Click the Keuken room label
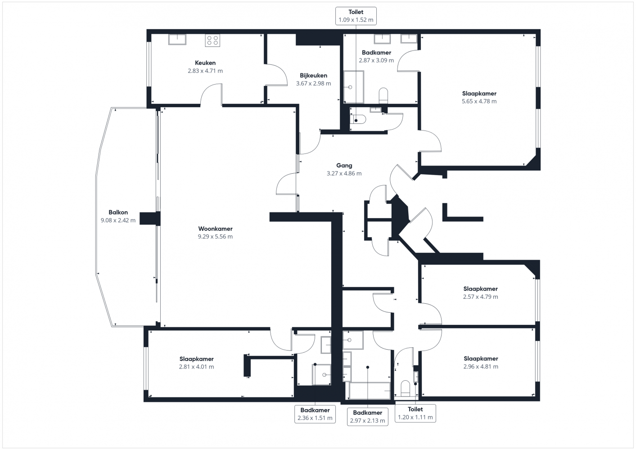[x=205, y=63]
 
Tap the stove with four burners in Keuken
[x=212, y=40]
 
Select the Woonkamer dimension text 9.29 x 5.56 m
[x=215, y=237]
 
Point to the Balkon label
[x=118, y=212]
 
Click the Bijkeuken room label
[x=313, y=76]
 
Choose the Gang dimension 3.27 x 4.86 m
[x=344, y=173]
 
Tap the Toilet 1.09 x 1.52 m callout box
[x=356, y=16]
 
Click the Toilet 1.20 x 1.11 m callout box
[x=415, y=413]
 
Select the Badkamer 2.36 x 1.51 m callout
[x=315, y=414]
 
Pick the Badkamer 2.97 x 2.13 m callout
[x=367, y=417]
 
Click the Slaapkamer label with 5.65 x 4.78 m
[x=479, y=94]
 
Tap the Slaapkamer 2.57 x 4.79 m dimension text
[x=480, y=297]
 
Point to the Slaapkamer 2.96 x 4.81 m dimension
[x=481, y=367]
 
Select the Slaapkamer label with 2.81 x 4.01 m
[x=197, y=359]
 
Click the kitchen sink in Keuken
[x=177, y=40]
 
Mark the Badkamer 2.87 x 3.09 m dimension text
[x=376, y=60]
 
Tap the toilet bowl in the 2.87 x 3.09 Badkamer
[x=383, y=96]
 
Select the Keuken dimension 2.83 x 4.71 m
[x=205, y=71]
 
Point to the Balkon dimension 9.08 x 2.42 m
[x=118, y=220]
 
